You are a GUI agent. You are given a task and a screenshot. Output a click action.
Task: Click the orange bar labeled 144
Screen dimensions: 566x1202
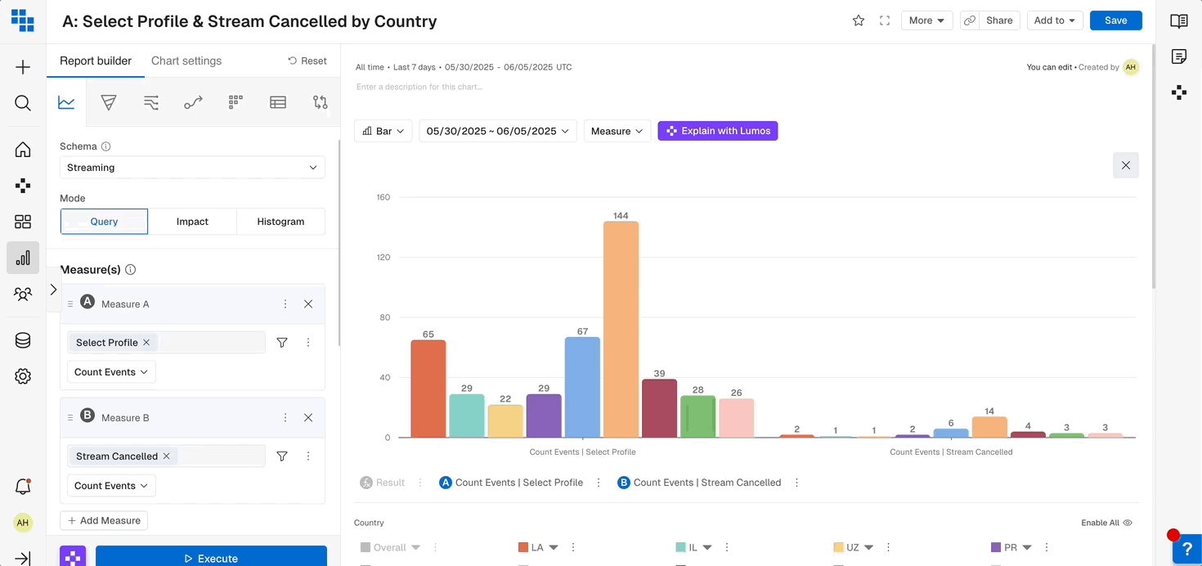pos(621,329)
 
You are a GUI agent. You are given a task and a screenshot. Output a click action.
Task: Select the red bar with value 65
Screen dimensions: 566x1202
pos(428,389)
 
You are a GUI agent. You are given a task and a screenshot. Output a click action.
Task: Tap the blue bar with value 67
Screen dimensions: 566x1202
pos(582,387)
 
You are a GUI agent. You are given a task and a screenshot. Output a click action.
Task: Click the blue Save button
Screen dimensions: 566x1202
pos(1115,20)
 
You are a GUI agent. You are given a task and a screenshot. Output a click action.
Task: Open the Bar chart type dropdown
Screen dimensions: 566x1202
pos(383,131)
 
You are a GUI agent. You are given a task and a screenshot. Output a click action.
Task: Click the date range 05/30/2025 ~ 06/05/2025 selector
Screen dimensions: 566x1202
pos(497,131)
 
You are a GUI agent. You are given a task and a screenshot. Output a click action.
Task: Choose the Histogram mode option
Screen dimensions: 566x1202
pos(280,222)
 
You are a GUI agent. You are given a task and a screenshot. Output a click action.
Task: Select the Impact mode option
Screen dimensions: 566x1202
pos(192,222)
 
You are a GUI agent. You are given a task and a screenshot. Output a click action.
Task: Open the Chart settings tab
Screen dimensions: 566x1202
pos(186,61)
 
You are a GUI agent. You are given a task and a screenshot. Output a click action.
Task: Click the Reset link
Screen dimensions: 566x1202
pos(307,61)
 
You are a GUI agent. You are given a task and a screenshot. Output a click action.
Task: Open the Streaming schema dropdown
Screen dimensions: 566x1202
pos(192,168)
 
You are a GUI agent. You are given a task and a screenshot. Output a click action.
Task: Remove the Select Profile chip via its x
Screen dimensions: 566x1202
pos(146,343)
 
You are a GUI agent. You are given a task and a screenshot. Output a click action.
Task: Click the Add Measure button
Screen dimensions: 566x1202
pos(104,520)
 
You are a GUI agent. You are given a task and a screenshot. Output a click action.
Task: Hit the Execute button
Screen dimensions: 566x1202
pos(211,558)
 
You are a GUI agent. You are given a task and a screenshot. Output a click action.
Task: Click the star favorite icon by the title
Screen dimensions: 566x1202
pos(859,20)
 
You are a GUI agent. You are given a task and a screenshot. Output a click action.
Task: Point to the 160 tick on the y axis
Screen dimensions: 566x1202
pos(383,197)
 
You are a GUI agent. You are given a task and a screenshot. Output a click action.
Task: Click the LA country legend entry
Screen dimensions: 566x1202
pos(536,547)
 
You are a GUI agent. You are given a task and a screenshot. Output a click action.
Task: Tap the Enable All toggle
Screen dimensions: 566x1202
pos(1106,523)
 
